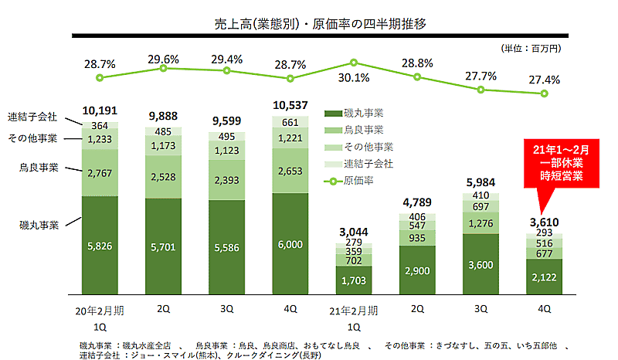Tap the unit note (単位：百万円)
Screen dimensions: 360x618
[531, 48]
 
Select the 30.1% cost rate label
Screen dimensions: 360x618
[354, 78]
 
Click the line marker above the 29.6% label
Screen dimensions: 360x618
[163, 69]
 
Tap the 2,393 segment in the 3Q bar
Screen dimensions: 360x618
[226, 174]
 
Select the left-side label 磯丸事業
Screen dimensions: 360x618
[39, 226]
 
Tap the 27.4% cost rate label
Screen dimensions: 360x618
[545, 80]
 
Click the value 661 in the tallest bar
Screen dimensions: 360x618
[290, 122]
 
